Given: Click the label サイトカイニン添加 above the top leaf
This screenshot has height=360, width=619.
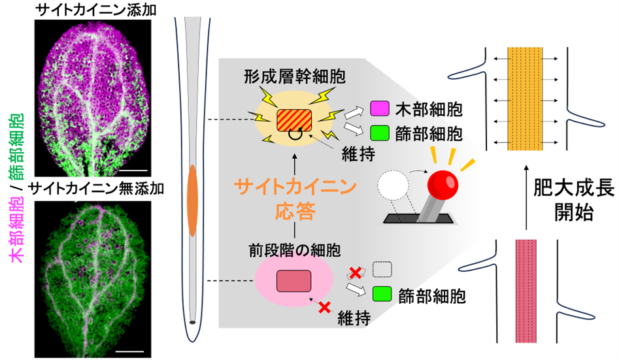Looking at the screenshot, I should [x=91, y=8].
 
